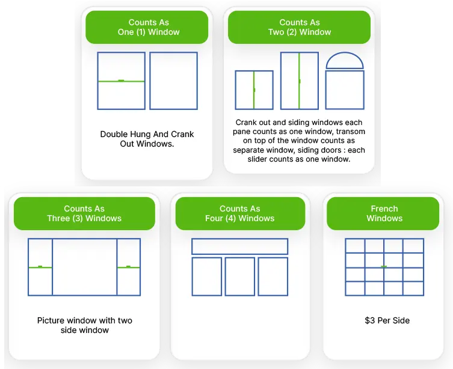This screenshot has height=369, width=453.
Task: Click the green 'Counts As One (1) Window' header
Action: (x=148, y=28)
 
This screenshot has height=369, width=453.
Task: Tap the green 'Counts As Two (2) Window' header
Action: (x=300, y=28)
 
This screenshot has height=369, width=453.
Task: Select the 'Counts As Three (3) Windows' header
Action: (x=84, y=213)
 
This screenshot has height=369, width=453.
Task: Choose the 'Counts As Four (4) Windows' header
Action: (x=239, y=213)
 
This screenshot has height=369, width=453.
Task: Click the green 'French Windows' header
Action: (x=384, y=213)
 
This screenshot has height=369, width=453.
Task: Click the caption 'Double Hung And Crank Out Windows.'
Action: (x=147, y=139)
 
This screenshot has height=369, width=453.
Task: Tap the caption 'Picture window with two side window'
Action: (x=84, y=325)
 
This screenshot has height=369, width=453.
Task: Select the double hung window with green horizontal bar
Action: (x=122, y=81)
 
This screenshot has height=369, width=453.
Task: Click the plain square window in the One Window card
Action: (x=174, y=81)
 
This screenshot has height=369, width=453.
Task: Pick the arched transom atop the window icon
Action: (x=345, y=61)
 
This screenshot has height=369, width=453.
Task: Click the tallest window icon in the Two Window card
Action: (x=299, y=81)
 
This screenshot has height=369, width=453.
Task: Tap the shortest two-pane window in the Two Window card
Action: (x=254, y=90)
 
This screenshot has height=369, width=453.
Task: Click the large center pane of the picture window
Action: (x=84, y=267)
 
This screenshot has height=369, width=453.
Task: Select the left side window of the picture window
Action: (x=40, y=267)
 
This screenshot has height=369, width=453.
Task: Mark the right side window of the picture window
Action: (x=129, y=267)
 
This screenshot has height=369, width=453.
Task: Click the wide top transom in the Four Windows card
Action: (x=239, y=246)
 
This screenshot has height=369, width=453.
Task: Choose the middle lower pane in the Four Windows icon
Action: (x=239, y=276)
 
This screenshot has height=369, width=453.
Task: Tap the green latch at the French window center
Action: (x=384, y=266)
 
